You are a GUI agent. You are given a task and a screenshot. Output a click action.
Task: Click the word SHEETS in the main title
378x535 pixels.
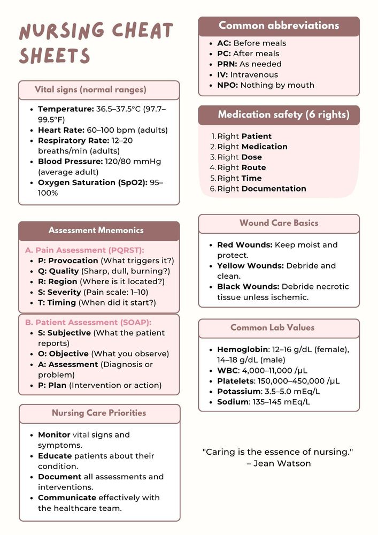click(55, 56)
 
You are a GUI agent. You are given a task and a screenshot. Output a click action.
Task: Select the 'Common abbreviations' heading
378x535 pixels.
click(279, 26)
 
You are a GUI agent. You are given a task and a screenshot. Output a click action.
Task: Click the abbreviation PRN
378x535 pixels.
click(227, 64)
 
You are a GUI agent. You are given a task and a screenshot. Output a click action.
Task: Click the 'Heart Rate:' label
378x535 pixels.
click(61, 130)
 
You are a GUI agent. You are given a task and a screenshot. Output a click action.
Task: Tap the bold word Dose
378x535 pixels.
click(251, 157)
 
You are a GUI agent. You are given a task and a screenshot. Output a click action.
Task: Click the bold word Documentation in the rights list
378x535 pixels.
click(274, 189)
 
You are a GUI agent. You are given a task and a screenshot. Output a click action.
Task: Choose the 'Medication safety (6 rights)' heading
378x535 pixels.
click(283, 114)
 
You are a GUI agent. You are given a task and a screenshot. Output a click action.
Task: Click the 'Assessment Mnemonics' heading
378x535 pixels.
click(96, 231)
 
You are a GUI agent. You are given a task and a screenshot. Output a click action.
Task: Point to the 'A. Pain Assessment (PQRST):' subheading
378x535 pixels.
click(84, 250)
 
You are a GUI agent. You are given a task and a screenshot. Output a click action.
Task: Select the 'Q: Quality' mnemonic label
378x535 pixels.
click(58, 271)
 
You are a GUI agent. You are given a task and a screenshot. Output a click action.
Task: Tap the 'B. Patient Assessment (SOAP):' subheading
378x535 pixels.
click(88, 323)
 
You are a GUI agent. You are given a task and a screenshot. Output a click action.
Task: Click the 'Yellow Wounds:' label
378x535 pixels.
click(250, 266)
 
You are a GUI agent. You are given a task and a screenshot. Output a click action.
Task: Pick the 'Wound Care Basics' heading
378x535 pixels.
click(279, 223)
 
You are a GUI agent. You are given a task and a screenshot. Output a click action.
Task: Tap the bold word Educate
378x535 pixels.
click(55, 456)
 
